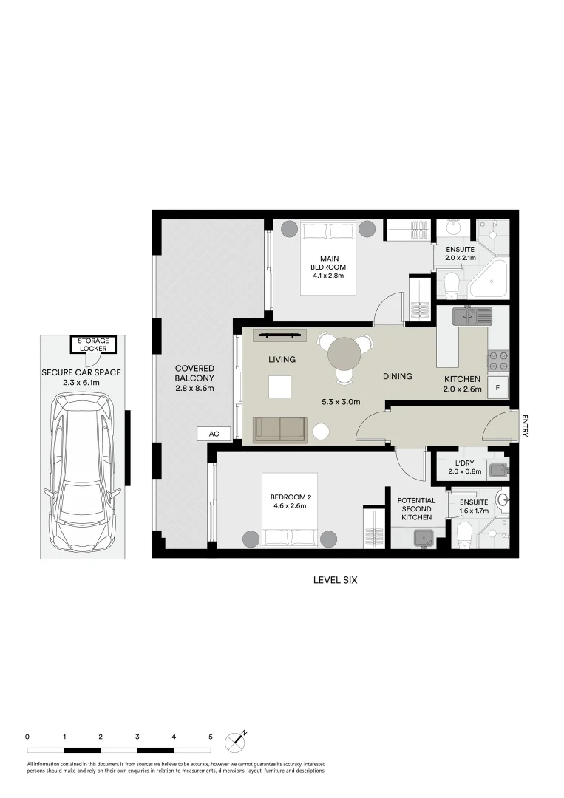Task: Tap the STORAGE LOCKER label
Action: click(x=93, y=344)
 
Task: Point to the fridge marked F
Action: click(x=498, y=387)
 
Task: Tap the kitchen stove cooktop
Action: click(x=497, y=359)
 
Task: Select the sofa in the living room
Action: click(x=280, y=430)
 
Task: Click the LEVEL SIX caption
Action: click(x=335, y=580)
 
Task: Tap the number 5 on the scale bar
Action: click(x=211, y=737)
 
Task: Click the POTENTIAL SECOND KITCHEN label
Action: click(x=417, y=509)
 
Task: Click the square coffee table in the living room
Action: click(x=280, y=386)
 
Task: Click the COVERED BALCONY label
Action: click(x=194, y=378)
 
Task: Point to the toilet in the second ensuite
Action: click(x=464, y=533)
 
